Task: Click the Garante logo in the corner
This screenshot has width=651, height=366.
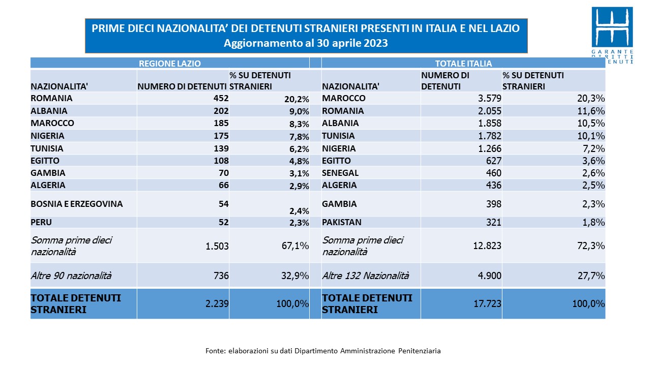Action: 612,35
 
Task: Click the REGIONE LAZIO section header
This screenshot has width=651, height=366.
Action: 170,64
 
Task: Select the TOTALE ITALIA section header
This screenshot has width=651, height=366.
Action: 463,64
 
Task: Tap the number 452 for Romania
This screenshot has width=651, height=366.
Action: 221,98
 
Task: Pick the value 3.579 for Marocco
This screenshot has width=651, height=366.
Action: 490,98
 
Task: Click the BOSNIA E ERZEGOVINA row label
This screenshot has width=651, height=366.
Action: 77,204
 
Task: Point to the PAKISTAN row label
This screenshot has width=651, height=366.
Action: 342,222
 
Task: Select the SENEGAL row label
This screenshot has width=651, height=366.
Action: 340,173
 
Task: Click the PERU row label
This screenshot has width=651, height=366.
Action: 41,222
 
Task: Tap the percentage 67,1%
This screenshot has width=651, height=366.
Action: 295,246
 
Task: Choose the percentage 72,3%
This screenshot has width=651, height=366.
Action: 591,246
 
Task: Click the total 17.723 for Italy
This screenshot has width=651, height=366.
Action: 487,303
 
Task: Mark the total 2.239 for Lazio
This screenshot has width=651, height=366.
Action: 217,303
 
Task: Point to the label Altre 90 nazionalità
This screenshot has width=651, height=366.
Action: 71,276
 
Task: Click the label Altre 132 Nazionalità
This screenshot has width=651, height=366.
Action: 366,276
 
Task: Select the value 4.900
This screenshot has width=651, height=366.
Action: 490,276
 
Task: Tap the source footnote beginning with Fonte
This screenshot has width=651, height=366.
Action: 323,351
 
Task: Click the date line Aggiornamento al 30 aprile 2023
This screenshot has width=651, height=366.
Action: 306,43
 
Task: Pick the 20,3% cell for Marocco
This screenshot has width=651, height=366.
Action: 591,98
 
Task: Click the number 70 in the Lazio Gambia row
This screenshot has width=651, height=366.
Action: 224,173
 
